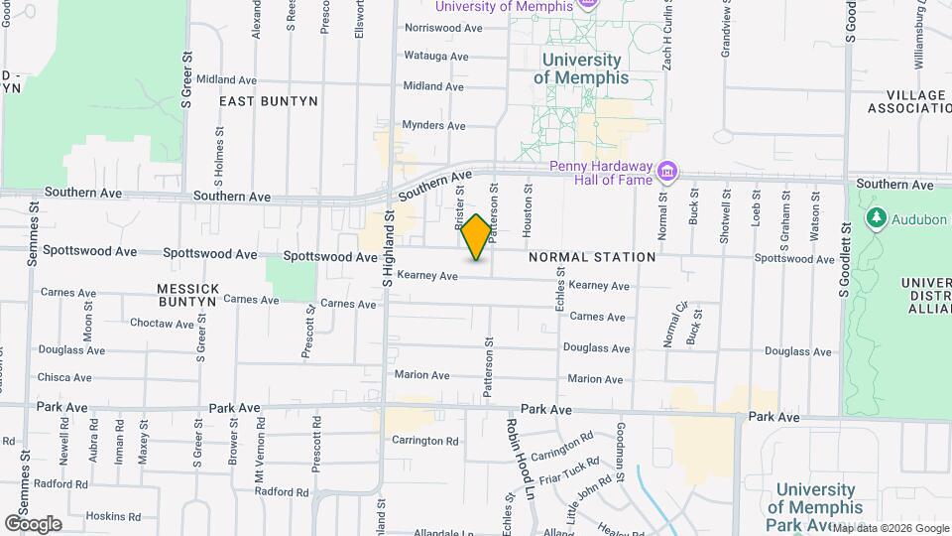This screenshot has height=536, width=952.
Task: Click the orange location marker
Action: pos(476,237)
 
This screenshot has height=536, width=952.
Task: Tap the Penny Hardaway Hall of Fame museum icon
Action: pos(668,173)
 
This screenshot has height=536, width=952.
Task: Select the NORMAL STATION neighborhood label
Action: pos(592,257)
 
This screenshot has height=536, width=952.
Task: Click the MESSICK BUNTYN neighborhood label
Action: pos(187,294)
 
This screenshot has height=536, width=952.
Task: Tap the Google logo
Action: pos(33,523)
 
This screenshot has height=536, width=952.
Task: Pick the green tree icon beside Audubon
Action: pos(876,217)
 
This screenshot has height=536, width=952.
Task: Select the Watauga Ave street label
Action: pos(435,57)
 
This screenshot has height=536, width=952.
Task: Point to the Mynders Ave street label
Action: pos(434,126)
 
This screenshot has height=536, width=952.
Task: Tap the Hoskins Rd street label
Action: pos(111,516)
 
